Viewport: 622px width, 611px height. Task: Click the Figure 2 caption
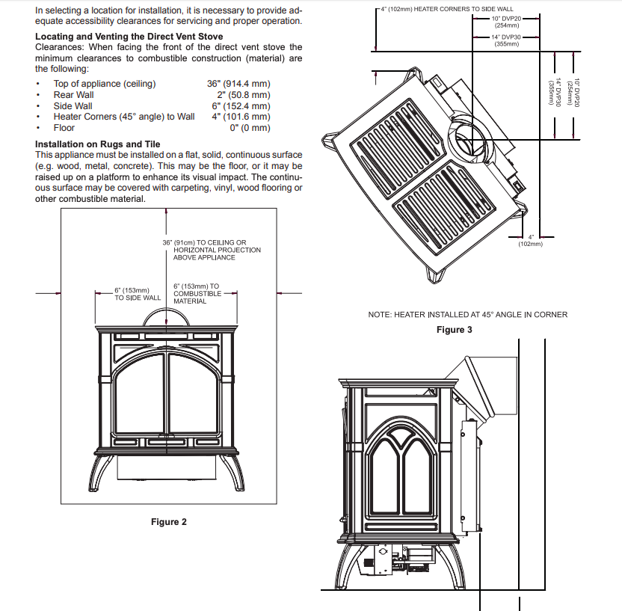[169, 522]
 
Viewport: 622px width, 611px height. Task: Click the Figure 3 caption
[455, 330]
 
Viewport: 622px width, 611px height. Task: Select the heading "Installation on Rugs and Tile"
[98, 144]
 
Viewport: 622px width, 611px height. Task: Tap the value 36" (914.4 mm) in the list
[238, 84]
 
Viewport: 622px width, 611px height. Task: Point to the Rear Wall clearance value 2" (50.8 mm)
[244, 95]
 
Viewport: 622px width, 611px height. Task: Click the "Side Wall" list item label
[73, 106]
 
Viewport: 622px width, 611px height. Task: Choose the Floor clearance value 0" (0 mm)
[250, 128]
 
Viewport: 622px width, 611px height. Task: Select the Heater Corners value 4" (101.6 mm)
[241, 117]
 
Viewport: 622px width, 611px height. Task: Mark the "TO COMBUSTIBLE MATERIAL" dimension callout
[196, 294]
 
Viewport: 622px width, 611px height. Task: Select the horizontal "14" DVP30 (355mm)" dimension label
[506, 40]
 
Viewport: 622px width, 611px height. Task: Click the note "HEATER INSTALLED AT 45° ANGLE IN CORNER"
[467, 315]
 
